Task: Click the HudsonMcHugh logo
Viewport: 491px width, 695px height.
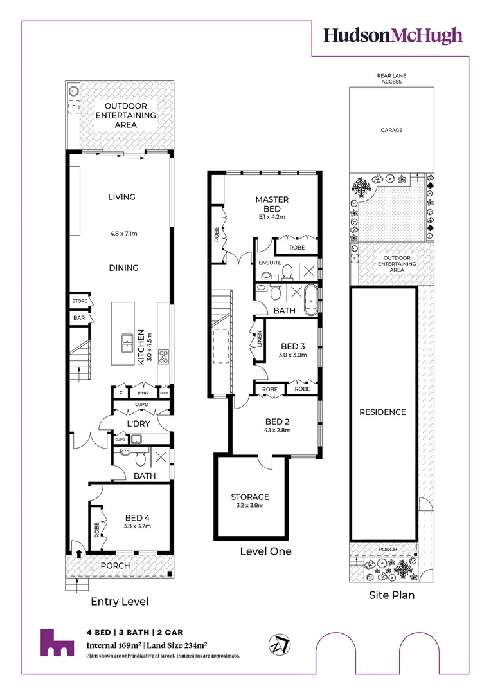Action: tap(393, 35)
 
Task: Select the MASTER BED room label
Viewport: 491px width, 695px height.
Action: tap(271, 204)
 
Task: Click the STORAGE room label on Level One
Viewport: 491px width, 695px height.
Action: tap(250, 497)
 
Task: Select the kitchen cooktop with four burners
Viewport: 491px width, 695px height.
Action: tap(163, 356)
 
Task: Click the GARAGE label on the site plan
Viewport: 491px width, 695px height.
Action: tap(391, 130)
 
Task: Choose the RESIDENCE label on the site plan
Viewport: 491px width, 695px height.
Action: tap(382, 412)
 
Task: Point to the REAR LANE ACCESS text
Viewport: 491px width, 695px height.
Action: tap(391, 79)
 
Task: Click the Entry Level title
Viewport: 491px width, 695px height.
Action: tap(120, 602)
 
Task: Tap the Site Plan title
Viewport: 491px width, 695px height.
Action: tap(391, 595)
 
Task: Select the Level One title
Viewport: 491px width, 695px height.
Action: tap(265, 551)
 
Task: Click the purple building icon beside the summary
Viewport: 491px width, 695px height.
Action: tap(57, 642)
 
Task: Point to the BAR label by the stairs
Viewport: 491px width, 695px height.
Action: tap(79, 317)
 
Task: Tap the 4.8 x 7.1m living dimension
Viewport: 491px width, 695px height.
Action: tap(124, 235)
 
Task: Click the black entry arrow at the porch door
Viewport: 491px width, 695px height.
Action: tap(79, 553)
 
